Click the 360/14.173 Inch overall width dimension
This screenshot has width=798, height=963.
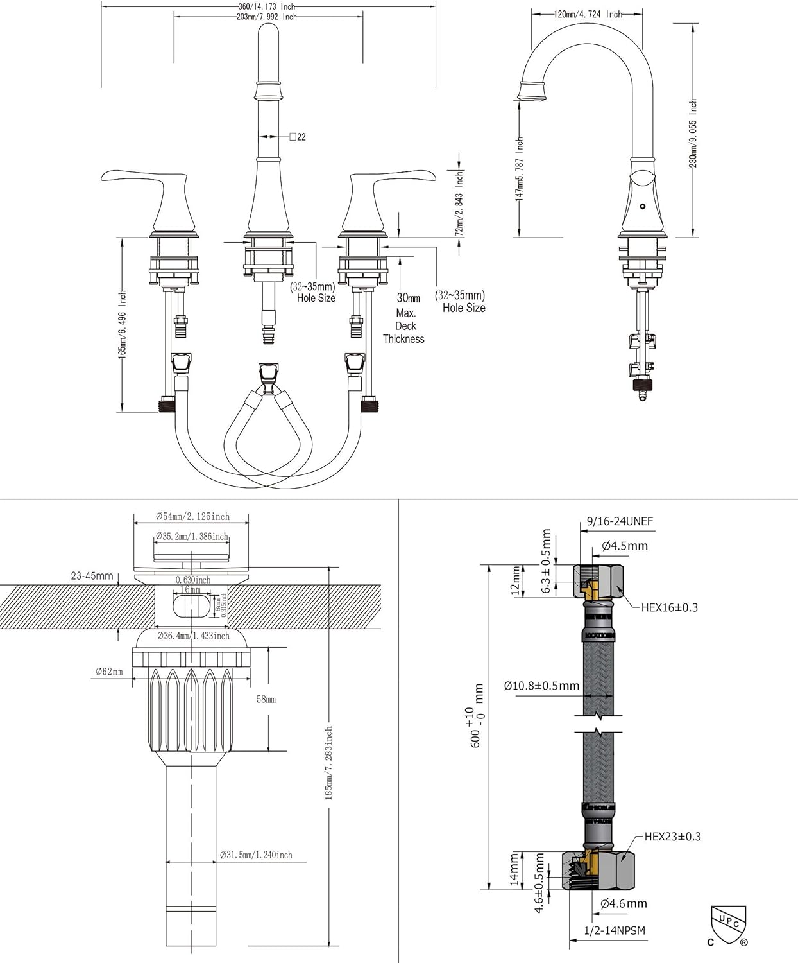(266, 6)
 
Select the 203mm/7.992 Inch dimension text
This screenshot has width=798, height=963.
(266, 17)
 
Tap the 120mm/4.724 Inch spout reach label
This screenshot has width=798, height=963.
(588, 13)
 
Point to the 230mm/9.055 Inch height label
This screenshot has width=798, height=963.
(693, 133)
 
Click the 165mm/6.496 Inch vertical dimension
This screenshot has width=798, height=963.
(123, 324)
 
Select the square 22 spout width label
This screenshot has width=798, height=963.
(298, 137)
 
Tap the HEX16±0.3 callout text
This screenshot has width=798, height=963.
(669, 607)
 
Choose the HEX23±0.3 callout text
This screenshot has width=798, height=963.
(672, 837)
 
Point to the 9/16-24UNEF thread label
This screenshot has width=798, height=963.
(620, 521)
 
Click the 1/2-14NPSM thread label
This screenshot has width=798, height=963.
(614, 930)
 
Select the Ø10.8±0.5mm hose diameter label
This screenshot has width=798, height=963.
(541, 686)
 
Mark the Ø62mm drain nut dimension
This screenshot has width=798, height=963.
(109, 672)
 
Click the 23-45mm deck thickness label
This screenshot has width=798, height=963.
(92, 576)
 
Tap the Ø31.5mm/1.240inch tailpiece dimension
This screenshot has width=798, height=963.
(256, 855)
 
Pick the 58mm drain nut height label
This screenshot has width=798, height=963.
(266, 699)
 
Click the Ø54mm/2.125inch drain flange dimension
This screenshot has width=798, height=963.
(192, 516)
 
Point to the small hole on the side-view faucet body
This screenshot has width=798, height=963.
(643, 207)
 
